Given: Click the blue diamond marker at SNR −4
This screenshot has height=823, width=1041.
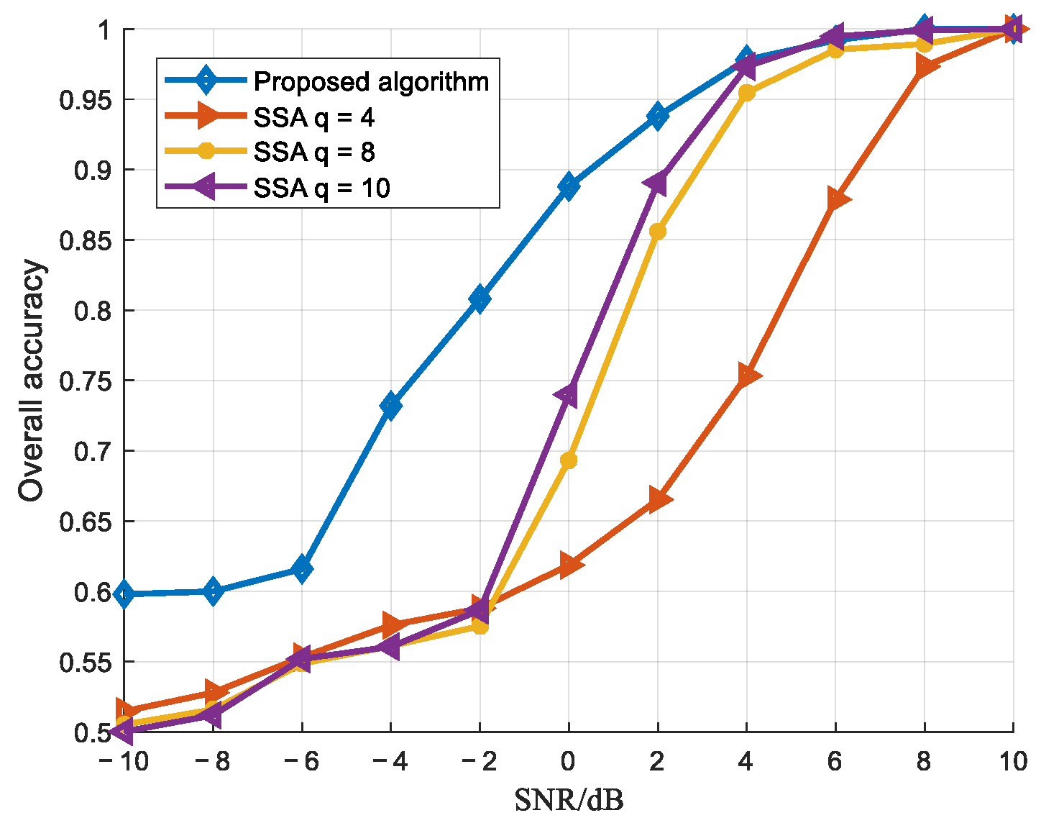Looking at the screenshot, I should (390, 406).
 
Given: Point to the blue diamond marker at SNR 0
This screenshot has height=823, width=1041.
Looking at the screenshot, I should (568, 186).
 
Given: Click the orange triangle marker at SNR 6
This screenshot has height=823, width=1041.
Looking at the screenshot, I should (837, 199).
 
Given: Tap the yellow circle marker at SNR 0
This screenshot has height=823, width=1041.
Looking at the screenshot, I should (568, 460).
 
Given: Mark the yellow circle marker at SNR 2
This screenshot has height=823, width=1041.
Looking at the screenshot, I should (657, 232).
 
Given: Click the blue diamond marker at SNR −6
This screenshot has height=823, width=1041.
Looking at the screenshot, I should (302, 570).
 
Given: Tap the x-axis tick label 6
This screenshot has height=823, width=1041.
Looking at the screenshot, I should (835, 761).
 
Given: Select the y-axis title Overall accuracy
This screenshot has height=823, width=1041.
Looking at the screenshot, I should (32, 381).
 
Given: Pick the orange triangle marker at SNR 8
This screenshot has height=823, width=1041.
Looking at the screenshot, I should (926, 68).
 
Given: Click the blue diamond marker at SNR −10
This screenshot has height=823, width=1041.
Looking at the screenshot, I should (124, 594).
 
